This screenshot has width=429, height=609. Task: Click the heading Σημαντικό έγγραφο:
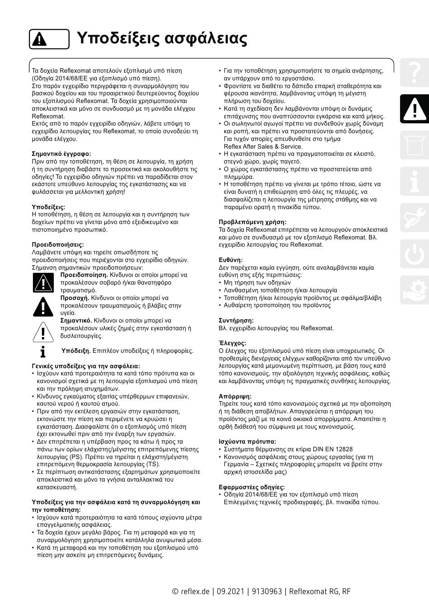tap(61, 154)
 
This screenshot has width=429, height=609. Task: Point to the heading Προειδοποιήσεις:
tap(58, 244)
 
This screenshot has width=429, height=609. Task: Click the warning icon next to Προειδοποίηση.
tap(43, 283)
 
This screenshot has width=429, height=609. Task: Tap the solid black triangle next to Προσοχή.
tap(43, 306)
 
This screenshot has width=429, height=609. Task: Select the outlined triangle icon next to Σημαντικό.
tap(43, 330)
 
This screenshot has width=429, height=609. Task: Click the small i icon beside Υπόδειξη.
tap(43, 351)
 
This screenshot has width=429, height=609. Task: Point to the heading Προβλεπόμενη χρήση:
tap(252, 222)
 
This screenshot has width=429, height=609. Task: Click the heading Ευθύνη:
tap(231, 260)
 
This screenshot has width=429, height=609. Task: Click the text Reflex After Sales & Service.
tap(263, 146)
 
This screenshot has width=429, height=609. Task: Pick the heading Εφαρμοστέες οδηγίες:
tap(252, 487)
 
